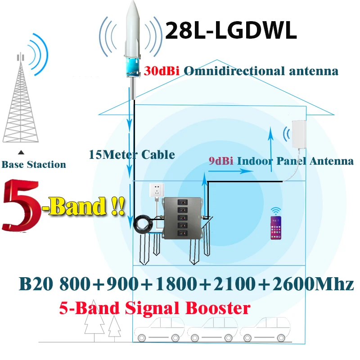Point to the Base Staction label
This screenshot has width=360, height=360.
[34, 165]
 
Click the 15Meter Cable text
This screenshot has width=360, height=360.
[131, 154]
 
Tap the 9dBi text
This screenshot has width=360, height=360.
[220, 161]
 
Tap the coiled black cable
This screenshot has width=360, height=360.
[144, 223]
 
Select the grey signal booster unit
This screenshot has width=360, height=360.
[183, 218]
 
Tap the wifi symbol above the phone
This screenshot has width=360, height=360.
[275, 211]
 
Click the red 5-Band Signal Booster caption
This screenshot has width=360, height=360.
[154, 308]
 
